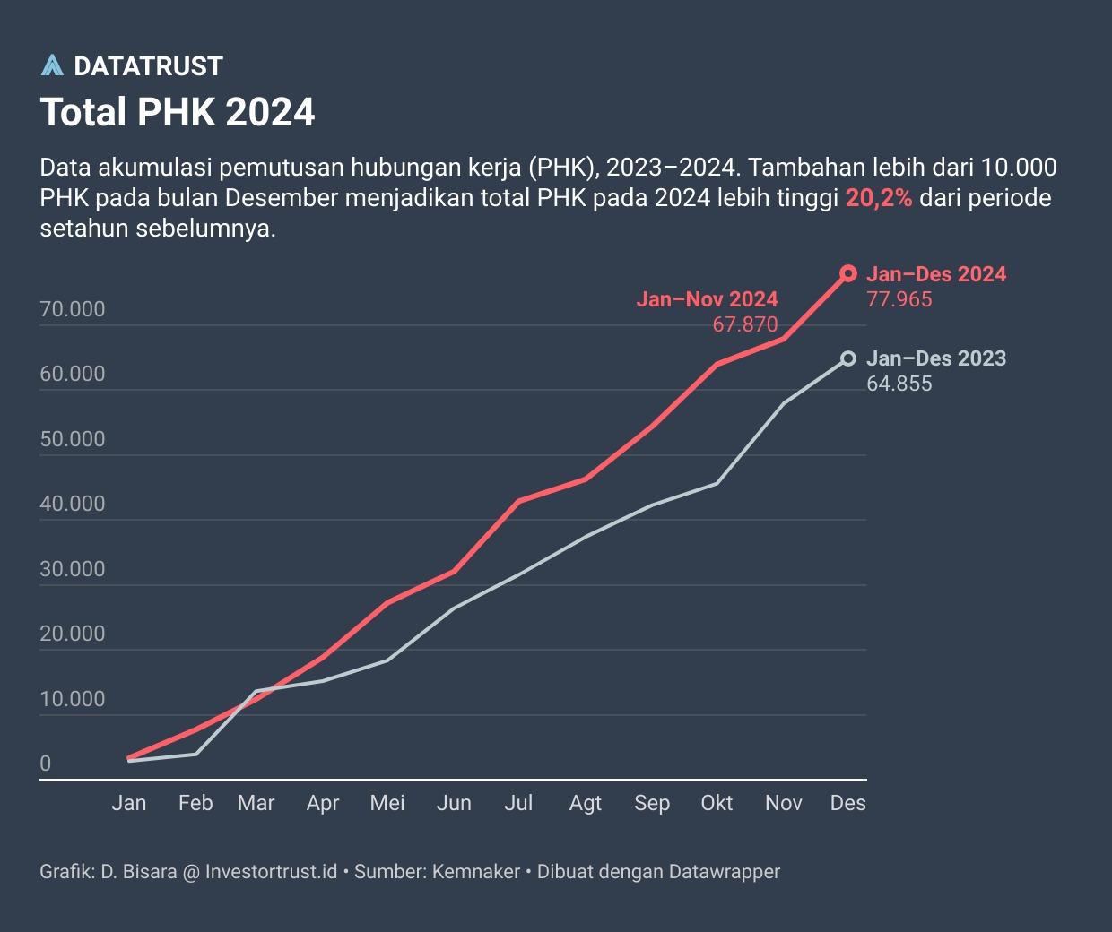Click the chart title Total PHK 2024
[178, 113]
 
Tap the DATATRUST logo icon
[53, 65]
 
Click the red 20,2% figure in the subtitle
[879, 198]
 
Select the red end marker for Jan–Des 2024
[847, 273]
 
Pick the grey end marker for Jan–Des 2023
[847, 358]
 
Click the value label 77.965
[899, 299]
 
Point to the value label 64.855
[899, 384]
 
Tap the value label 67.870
[745, 324]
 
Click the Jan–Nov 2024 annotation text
[707, 299]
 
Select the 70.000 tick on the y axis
[73, 309]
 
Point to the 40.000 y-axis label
[73, 504]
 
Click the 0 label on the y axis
[46, 764]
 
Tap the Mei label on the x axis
[387, 803]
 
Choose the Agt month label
[586, 803]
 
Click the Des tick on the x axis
[847, 803]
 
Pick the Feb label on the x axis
[195, 803]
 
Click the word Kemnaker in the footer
[476, 871]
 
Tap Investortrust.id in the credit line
[272, 871]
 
